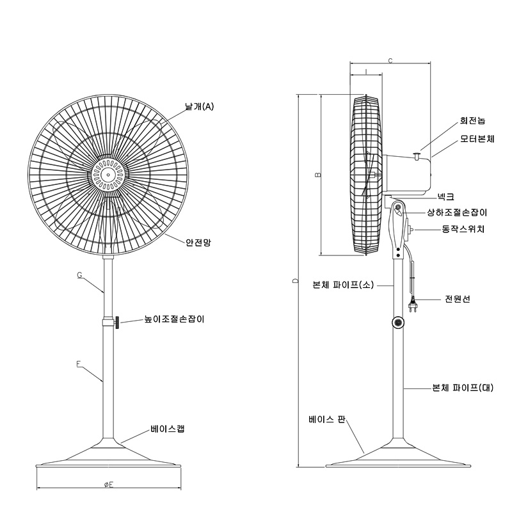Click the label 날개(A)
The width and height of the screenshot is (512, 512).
click(199, 106)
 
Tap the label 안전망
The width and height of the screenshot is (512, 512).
click(198, 243)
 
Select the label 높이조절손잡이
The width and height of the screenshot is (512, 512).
click(174, 319)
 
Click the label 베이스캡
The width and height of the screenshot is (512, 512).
click(168, 428)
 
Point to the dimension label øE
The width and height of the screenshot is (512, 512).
click(109, 484)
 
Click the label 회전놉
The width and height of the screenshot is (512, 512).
click(472, 120)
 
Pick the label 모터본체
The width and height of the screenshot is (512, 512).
click(477, 139)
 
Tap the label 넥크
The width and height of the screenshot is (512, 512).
click(445, 196)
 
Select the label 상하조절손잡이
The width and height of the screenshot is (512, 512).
click(457, 212)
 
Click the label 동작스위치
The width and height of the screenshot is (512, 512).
click(463, 229)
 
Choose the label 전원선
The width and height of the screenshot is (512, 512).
click(457, 299)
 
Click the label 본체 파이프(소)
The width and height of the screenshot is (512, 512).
click(343, 285)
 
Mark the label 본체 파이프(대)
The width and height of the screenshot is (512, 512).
click(463, 388)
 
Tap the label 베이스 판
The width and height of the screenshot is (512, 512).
click(327, 419)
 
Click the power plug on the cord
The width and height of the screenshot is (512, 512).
click(413, 305)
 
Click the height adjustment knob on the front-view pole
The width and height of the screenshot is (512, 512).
click(116, 323)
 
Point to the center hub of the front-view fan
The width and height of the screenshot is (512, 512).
click(108, 175)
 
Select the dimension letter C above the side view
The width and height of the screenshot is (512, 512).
click(390, 60)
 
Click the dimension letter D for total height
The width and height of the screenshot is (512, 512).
click(295, 280)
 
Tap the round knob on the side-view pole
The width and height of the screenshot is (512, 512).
click(398, 323)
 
